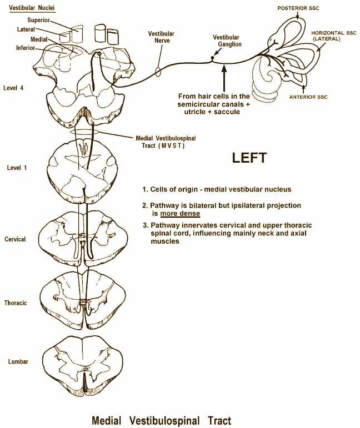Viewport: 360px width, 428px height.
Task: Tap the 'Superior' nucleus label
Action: point(39,20)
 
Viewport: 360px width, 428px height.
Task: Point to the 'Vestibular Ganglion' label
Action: point(226,41)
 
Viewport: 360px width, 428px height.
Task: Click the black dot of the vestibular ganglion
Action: point(212,57)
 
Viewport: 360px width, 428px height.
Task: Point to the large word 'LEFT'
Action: point(253,158)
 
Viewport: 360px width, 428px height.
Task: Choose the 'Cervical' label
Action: point(15,239)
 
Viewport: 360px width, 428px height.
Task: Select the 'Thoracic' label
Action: point(16,303)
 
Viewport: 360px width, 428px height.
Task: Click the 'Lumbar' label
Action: point(18,361)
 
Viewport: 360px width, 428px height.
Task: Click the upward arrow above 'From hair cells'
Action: point(223,73)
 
